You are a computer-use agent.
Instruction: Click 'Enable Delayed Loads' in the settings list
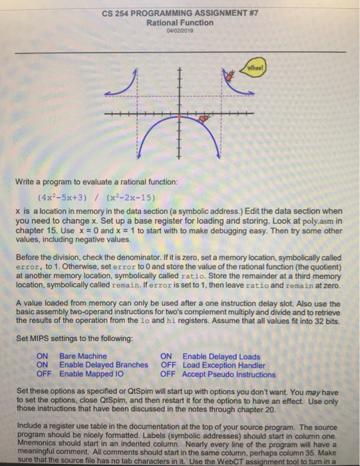pyautogui.click(x=221, y=356)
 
